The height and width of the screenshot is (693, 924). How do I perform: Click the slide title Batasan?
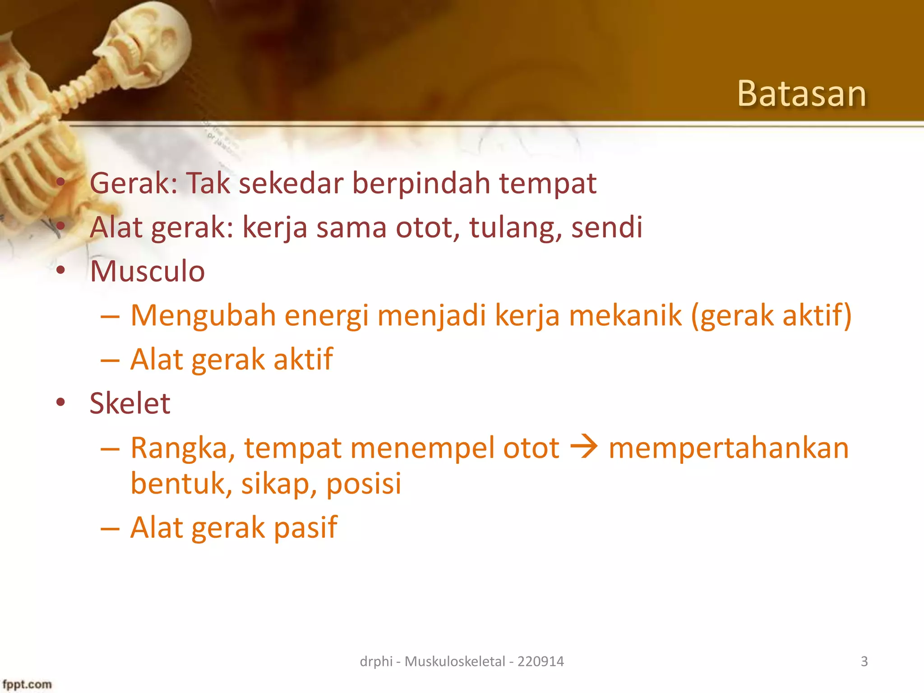[801, 93]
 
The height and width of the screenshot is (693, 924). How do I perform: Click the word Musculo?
[147, 271]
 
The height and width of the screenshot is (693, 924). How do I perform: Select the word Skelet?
[130, 403]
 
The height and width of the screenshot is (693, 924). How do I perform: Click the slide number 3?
[864, 661]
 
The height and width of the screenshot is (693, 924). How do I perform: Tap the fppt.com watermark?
[27, 684]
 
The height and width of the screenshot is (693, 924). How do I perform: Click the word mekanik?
[625, 315]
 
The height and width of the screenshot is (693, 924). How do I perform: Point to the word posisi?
[364, 484]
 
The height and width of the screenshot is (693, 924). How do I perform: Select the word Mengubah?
[203, 315]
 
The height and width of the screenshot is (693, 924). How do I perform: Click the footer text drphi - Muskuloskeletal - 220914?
[462, 661]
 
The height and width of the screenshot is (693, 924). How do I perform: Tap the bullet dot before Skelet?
[61, 402]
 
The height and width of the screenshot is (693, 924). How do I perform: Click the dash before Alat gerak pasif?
[110, 527]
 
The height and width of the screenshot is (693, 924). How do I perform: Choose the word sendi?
[607, 227]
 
